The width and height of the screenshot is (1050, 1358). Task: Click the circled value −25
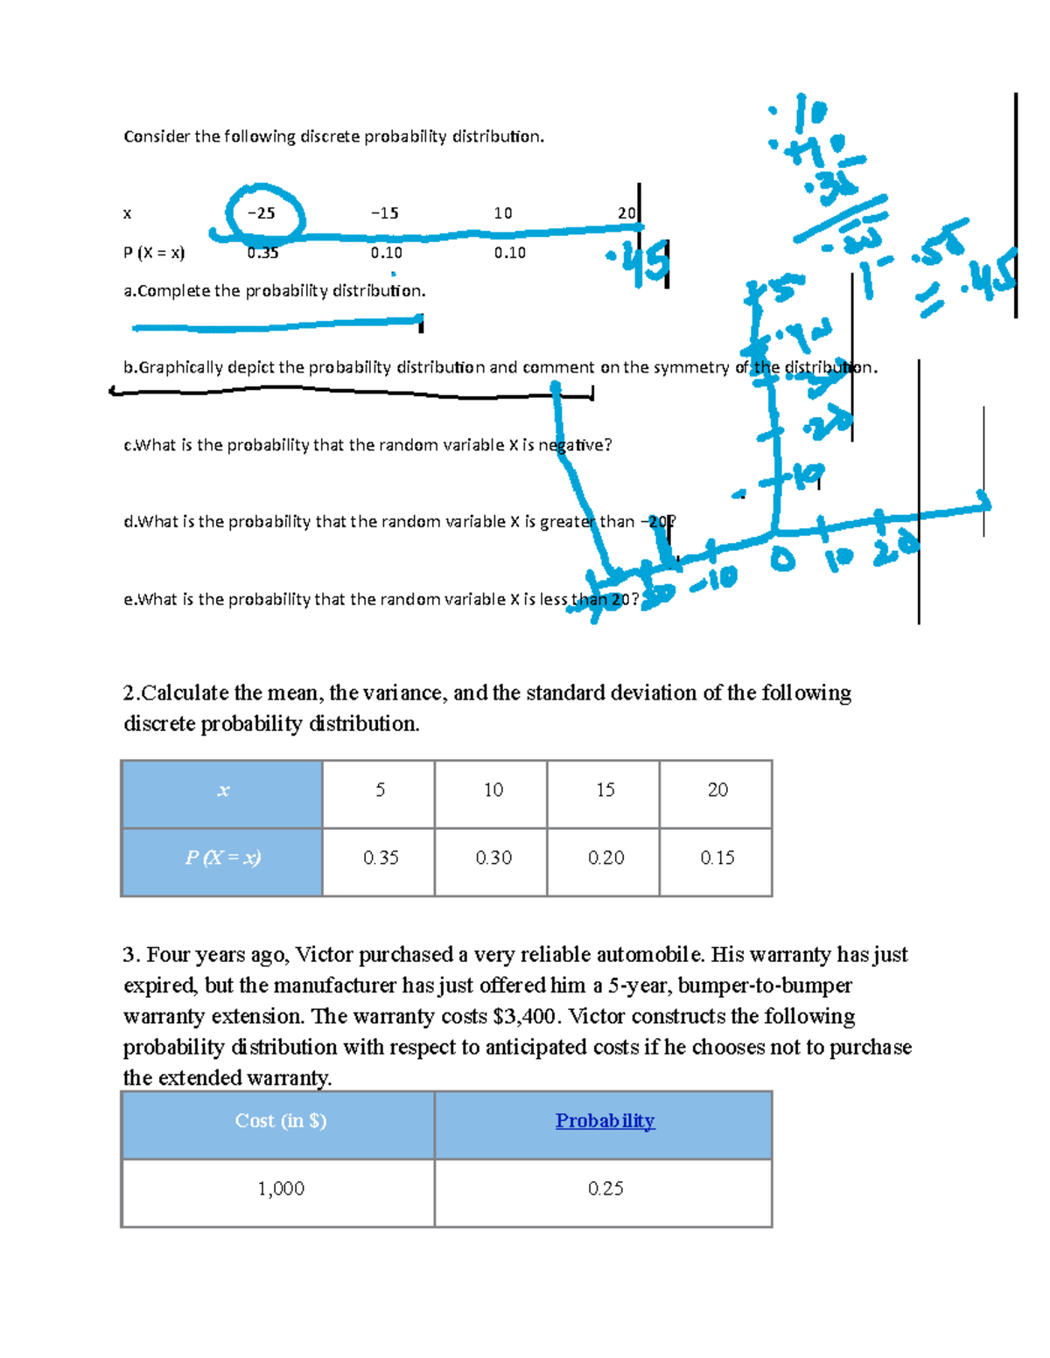click(x=261, y=213)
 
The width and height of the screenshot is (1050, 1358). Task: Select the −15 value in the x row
click(x=384, y=213)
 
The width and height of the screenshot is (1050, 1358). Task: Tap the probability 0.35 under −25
click(x=262, y=254)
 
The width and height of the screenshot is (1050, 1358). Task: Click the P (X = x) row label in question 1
click(x=154, y=254)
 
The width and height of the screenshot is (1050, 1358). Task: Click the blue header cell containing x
click(x=222, y=791)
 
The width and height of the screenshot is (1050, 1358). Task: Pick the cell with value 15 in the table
click(x=605, y=790)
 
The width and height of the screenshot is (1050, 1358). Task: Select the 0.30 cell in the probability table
click(x=493, y=859)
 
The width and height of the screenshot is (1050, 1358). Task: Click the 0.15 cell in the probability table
click(x=717, y=859)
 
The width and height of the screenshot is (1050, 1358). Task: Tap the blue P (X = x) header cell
click(x=222, y=859)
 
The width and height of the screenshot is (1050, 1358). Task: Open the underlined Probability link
click(x=605, y=1121)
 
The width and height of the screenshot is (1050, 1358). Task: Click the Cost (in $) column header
click(x=280, y=1121)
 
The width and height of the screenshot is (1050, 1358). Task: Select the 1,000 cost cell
click(x=280, y=1189)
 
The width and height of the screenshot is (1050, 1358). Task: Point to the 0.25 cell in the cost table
click(x=605, y=1189)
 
